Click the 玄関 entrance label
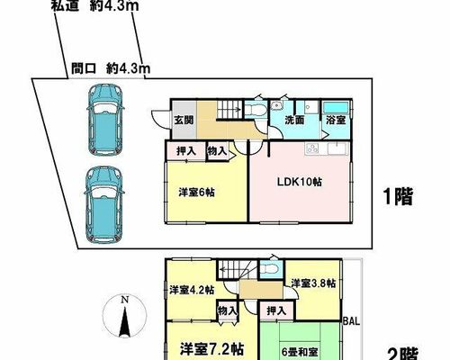point(184,120)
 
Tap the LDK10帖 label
point(299,182)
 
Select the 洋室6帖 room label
point(196,192)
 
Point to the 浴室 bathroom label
point(336,120)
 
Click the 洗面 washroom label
point(294,120)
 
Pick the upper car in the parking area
point(105,120)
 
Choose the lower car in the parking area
point(104,204)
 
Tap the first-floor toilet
point(256,109)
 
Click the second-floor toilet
point(271,269)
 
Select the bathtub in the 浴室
point(336,107)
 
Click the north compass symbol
point(124,316)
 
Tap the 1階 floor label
point(399,196)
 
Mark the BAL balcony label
point(351,321)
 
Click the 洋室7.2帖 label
point(211,349)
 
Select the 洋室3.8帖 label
point(313,283)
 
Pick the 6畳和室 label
point(300,352)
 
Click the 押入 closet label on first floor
point(186,151)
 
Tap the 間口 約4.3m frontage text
point(111,69)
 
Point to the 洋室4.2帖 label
point(192,290)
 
